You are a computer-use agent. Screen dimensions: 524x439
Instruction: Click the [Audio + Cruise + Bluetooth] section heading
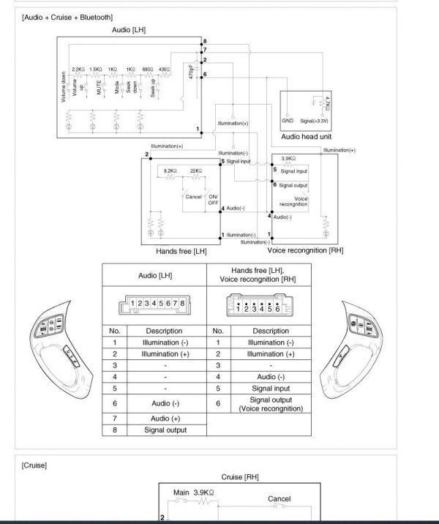67,17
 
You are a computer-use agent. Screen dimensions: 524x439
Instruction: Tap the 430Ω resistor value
163,70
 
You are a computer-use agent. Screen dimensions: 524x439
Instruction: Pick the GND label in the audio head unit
288,121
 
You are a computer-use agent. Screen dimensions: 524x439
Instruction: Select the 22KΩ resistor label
195,170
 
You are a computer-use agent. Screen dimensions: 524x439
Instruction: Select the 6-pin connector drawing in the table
258,304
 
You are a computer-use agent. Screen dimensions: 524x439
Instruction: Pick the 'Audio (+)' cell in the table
165,417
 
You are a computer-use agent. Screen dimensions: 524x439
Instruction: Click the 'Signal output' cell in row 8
165,430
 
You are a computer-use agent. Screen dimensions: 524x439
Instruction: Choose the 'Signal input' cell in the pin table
270,388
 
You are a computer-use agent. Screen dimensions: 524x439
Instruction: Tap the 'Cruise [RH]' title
240,477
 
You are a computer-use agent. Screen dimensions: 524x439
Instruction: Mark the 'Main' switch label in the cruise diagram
181,493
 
